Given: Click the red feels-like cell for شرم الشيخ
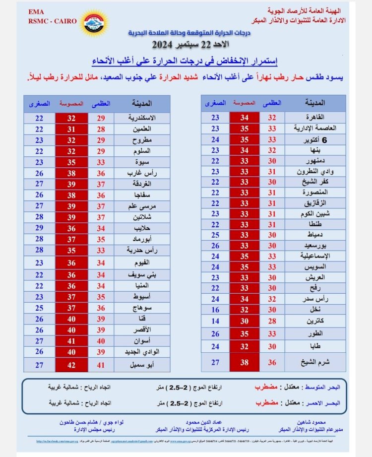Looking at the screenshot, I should pos(245,362).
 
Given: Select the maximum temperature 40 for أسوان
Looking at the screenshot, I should pos(101,341).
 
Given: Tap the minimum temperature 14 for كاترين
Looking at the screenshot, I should pos(215,321).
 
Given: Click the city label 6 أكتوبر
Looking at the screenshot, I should pos(317,139).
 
